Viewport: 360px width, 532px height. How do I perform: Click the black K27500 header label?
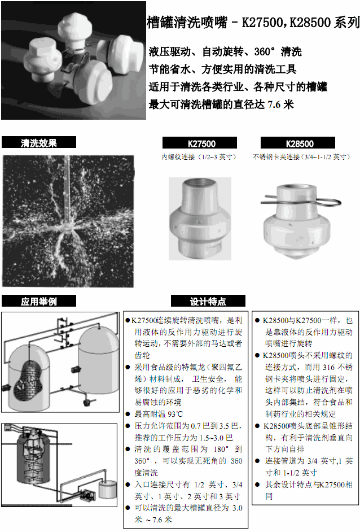(201, 143)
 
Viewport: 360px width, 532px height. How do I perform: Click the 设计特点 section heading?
(208, 301)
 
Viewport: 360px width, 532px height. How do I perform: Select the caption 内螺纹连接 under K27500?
(199, 156)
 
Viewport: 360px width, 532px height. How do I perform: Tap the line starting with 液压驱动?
(225, 52)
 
